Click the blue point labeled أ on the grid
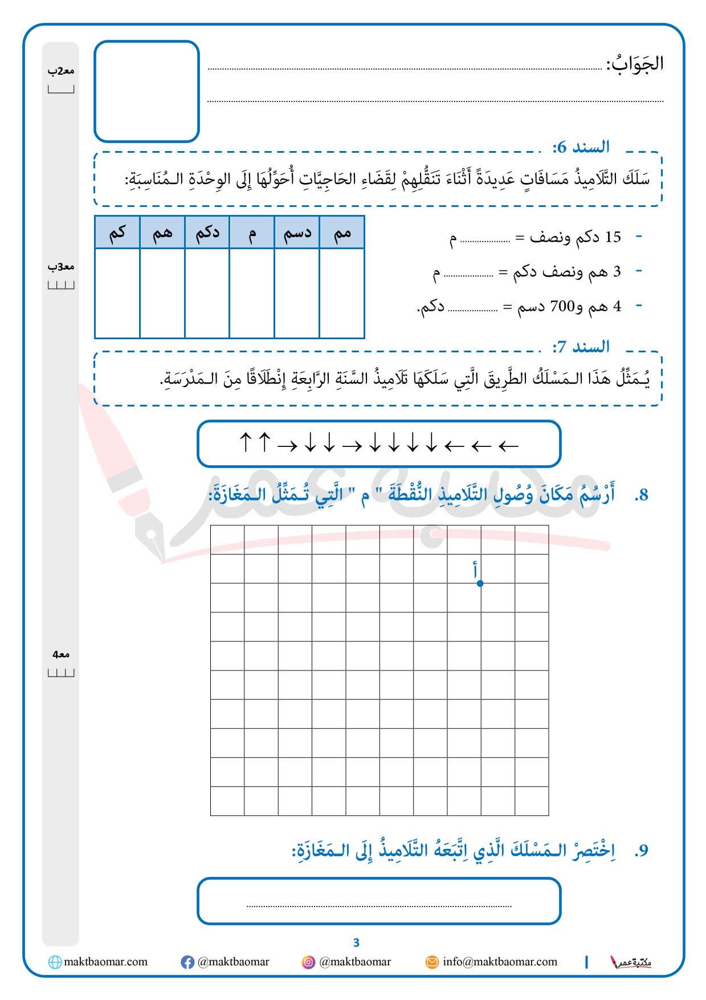[x=480, y=583]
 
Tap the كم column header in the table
[x=117, y=233]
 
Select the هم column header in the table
[x=162, y=233]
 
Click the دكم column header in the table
[x=207, y=233]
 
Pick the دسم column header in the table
[x=297, y=233]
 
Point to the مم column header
[x=342, y=233]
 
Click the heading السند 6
[x=581, y=147]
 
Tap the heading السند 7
[x=581, y=347]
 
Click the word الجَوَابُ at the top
[x=635, y=63]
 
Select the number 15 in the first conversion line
[x=613, y=237]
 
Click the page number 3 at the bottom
[x=356, y=942]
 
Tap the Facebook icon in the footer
[x=187, y=962]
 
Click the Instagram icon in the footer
[x=308, y=962]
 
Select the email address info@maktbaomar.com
[x=500, y=962]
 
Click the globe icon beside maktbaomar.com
[x=55, y=962]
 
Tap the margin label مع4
[x=60, y=655]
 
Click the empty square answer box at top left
[x=146, y=91]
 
